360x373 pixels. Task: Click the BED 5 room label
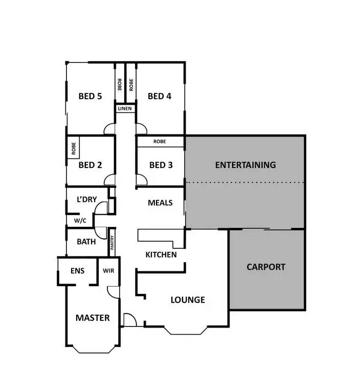pyautogui.click(x=90, y=96)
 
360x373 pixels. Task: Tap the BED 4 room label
pyautogui.click(x=159, y=96)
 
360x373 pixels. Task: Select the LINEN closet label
pyautogui.click(x=125, y=109)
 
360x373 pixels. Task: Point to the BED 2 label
pyautogui.click(x=90, y=165)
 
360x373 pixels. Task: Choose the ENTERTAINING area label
pyautogui.click(x=245, y=165)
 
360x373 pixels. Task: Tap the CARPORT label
pyautogui.click(x=266, y=267)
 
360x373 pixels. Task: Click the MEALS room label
pyautogui.click(x=160, y=203)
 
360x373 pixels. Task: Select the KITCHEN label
pyautogui.click(x=161, y=254)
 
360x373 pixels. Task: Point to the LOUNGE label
pyautogui.click(x=188, y=300)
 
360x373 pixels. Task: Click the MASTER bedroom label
pyautogui.click(x=93, y=318)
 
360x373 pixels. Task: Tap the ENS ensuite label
pyautogui.click(x=77, y=271)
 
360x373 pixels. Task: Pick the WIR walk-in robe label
pyautogui.click(x=108, y=271)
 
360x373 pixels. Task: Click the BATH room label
pyautogui.click(x=86, y=242)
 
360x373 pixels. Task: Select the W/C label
pyautogui.click(x=80, y=221)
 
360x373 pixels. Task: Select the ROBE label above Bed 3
pyautogui.click(x=160, y=142)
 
